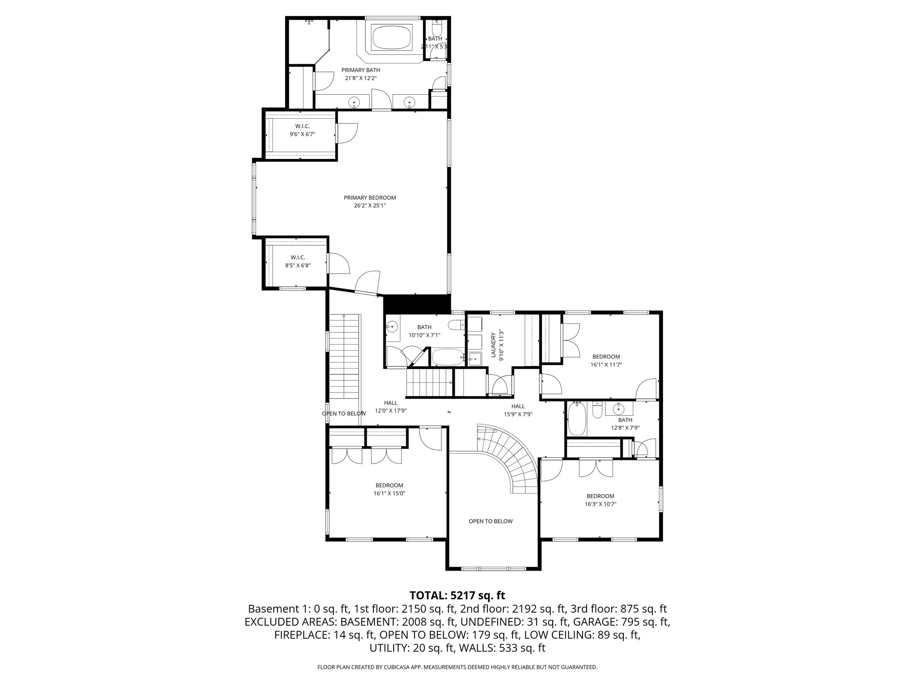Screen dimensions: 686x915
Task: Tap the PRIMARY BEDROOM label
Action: point(369,198)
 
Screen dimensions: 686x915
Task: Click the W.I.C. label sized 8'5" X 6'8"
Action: point(298,257)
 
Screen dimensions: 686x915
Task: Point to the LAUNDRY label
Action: point(493,345)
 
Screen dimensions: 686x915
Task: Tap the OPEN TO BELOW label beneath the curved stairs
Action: point(491,521)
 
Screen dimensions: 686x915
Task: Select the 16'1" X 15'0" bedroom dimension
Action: point(389,494)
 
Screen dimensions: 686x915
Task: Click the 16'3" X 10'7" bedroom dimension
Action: point(600,504)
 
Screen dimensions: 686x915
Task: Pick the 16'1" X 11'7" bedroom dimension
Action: point(606,364)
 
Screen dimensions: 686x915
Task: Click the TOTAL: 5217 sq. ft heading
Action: point(457,595)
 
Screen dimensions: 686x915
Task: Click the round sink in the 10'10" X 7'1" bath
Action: point(392,328)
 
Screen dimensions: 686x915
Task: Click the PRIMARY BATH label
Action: point(361,70)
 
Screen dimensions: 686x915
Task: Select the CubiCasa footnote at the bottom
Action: point(457,667)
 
